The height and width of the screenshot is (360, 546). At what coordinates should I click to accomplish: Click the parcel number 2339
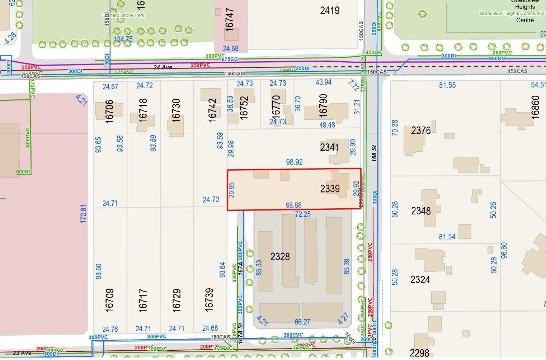(330, 189)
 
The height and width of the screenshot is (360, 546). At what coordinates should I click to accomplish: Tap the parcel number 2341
(329, 147)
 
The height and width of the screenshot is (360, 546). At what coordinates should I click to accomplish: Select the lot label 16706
(109, 112)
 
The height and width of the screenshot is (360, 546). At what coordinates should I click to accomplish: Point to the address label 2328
(280, 257)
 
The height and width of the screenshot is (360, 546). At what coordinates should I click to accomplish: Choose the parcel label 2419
(330, 10)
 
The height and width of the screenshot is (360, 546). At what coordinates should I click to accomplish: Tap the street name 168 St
(374, 152)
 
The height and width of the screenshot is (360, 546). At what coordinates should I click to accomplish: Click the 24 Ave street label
(163, 67)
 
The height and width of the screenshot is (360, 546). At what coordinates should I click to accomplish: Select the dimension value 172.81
(83, 214)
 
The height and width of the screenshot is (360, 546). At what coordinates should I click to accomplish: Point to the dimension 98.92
(294, 162)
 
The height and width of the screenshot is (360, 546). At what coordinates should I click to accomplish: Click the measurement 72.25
(303, 214)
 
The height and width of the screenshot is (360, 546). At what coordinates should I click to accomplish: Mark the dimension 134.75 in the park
(123, 39)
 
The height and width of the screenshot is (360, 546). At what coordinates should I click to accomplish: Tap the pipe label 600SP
(24, 172)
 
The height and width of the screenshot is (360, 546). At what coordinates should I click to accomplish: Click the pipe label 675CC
(230, 59)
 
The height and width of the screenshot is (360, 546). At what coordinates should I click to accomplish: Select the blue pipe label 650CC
(497, 58)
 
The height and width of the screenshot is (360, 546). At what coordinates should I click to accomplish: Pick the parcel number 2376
(421, 130)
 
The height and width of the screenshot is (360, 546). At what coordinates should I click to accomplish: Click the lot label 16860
(535, 107)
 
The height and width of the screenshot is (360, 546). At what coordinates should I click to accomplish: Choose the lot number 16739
(209, 299)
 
